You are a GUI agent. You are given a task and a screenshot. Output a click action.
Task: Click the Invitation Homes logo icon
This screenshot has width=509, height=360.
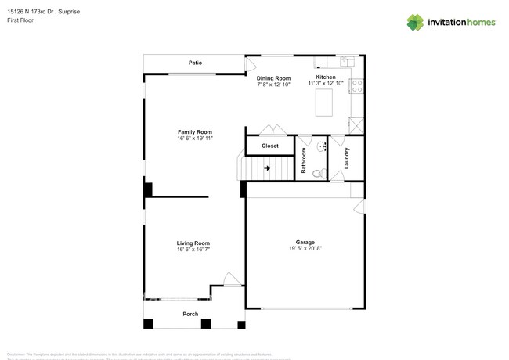pos(415,23)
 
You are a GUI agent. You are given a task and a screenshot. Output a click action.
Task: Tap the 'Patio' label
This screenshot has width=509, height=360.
pos(195,63)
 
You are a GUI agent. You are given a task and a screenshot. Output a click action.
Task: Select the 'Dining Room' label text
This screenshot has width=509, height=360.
pos(273,78)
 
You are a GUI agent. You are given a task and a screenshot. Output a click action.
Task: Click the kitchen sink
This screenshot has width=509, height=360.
pos(347,61)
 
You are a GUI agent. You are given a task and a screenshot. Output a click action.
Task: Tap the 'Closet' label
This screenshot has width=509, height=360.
pos(269,146)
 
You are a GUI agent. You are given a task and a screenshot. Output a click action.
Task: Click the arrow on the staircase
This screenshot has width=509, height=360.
pos(267,167)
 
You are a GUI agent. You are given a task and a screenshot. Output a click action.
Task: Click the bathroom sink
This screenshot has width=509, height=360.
pos(322,146)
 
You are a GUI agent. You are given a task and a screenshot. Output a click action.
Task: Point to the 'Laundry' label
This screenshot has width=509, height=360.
pos(346,159)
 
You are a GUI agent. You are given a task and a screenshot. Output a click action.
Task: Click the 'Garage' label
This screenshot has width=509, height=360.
pos(305,242)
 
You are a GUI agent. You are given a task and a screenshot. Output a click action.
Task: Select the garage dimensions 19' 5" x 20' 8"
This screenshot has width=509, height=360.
pos(305,249)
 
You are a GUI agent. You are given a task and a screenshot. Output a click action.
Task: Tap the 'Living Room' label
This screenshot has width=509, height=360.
pos(193,243)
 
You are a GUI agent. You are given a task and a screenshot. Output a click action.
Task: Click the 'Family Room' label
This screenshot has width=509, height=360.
pos(195,132)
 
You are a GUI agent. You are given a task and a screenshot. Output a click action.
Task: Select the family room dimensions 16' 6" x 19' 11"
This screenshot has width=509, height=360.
pos(195,139)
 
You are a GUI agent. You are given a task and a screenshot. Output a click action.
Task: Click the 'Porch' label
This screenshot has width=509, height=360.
pos(190,314)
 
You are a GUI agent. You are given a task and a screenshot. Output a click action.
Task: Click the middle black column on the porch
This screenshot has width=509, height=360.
pos(205,323)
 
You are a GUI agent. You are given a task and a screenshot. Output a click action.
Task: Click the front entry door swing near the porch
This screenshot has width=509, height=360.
pos(231,279)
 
